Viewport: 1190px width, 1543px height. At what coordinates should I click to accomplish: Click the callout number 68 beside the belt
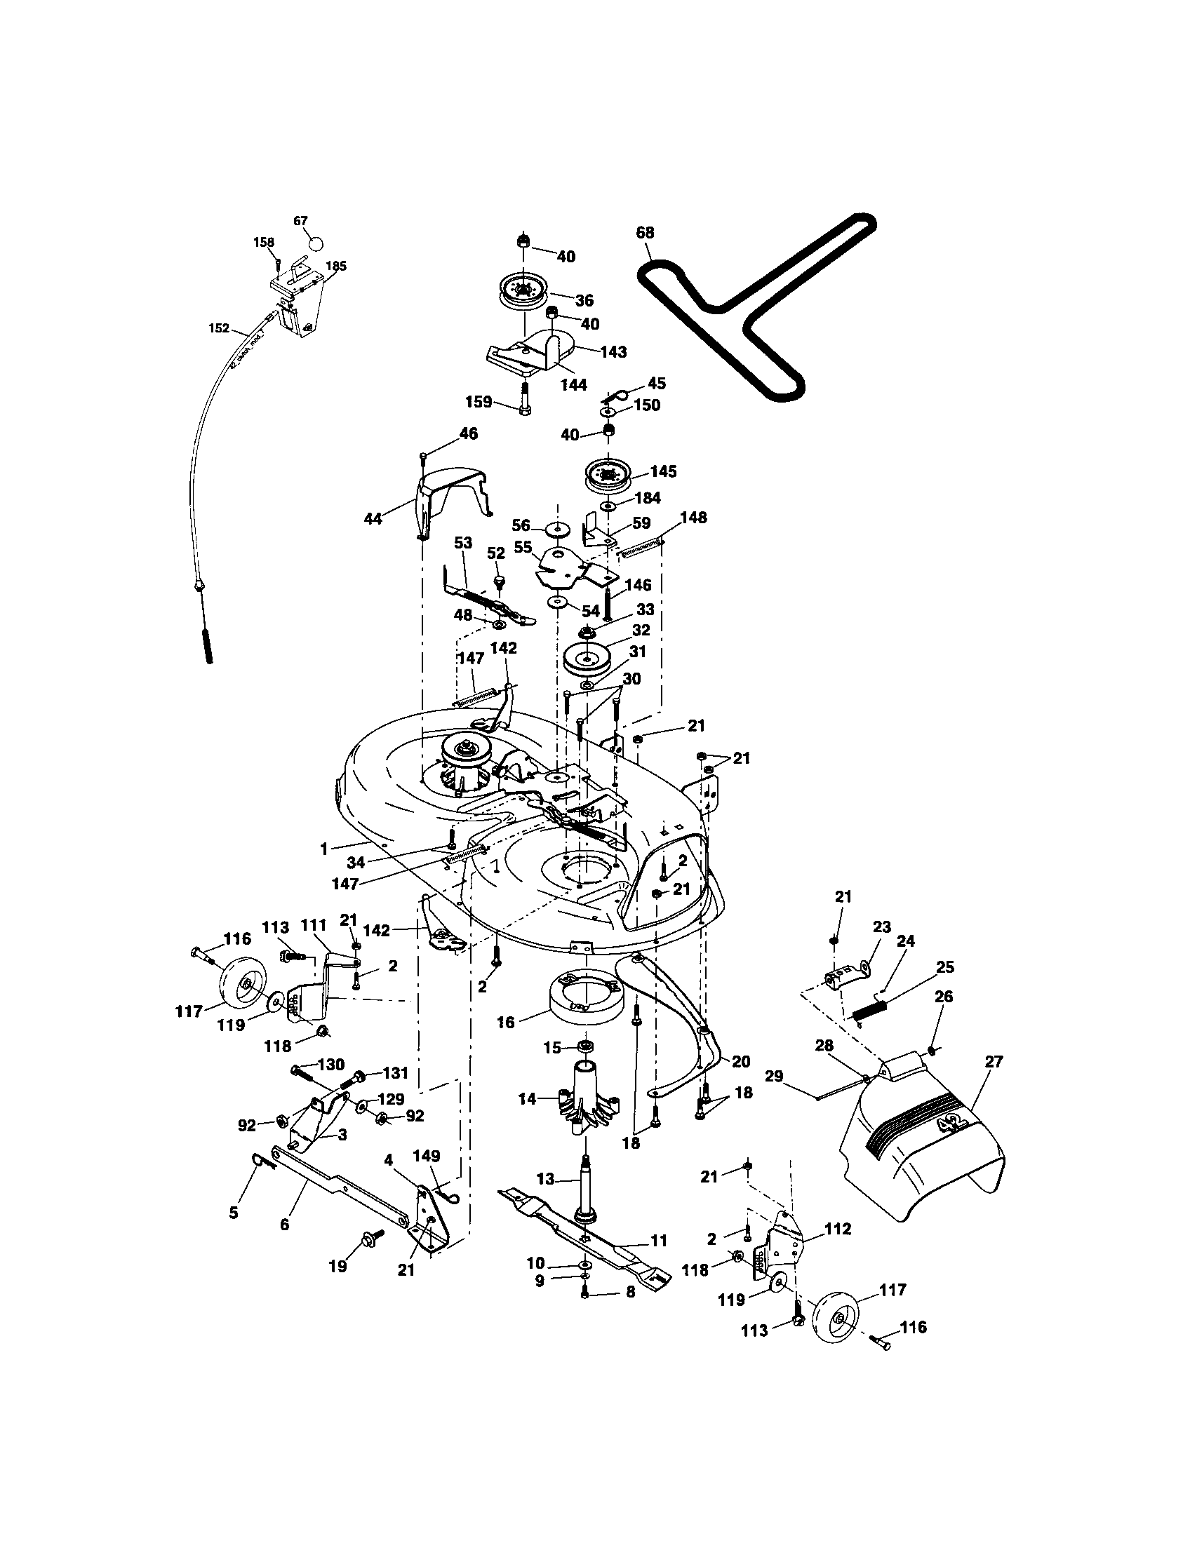646,232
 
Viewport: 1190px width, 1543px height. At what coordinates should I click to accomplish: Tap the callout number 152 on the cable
219,328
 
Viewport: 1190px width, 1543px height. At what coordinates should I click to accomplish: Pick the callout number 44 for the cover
373,518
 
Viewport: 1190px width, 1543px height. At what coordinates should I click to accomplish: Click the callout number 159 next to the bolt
479,401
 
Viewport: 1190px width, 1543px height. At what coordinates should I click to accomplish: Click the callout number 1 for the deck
323,849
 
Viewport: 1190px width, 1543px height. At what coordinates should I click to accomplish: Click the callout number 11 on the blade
659,1240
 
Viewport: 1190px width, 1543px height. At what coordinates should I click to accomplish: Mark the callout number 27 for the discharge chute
994,1062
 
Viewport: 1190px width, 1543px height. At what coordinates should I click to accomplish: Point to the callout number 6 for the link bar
284,1225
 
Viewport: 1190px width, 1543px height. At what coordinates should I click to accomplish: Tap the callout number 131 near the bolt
395,1073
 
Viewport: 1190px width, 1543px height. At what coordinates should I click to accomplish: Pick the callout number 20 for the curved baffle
740,1061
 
